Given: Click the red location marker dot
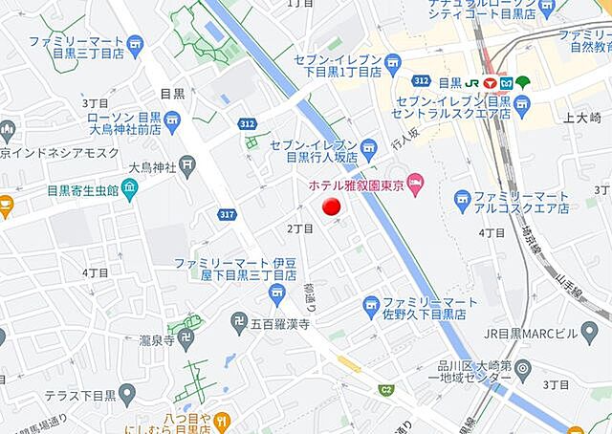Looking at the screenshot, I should tap(330, 207).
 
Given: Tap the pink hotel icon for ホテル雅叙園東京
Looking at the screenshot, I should tap(415, 182).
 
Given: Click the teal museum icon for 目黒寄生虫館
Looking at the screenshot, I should tap(129, 189).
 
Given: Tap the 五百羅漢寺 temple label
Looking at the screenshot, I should tap(281, 325).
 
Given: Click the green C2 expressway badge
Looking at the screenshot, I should tap(385, 389).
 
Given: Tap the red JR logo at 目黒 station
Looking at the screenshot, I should tap(490, 82).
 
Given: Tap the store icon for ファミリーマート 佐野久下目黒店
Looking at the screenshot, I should tap(372, 306).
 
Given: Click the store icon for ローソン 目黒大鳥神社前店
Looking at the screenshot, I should tap(172, 119).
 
